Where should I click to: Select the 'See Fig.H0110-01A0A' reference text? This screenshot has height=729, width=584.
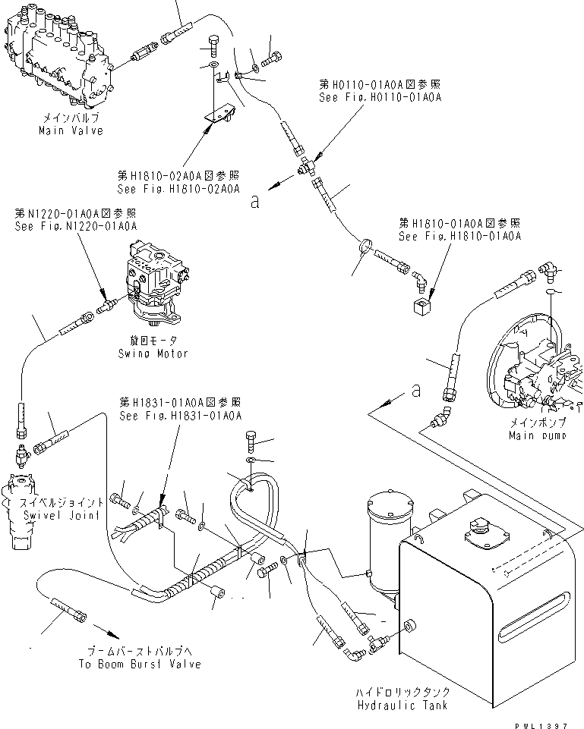coord(380,98)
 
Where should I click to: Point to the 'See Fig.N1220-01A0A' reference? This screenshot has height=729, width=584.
coord(76,226)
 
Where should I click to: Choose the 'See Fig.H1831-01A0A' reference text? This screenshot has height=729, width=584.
coord(180,415)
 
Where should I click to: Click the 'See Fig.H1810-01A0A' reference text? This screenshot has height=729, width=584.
coord(459,237)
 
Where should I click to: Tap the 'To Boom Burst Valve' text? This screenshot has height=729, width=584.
coord(140,664)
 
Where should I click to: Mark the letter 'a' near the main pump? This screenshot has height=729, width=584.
coord(415,390)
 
